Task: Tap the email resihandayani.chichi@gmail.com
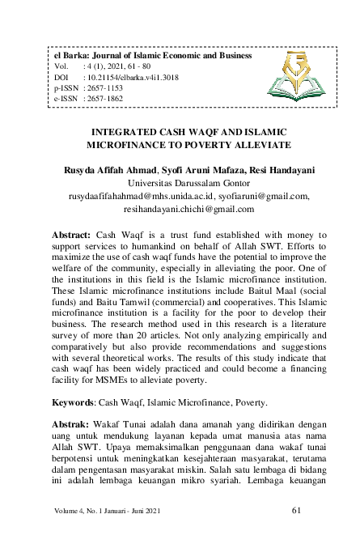click(180, 208)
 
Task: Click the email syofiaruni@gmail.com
click(265, 195)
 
